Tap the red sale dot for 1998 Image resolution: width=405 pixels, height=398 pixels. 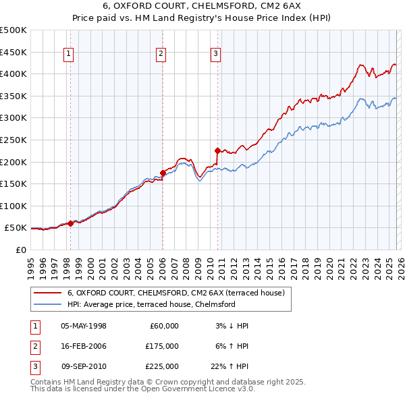point(70,223)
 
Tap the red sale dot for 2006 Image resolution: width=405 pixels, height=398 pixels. point(163,172)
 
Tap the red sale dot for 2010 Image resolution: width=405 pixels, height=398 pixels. point(217,150)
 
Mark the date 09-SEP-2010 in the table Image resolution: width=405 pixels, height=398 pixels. point(83,366)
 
